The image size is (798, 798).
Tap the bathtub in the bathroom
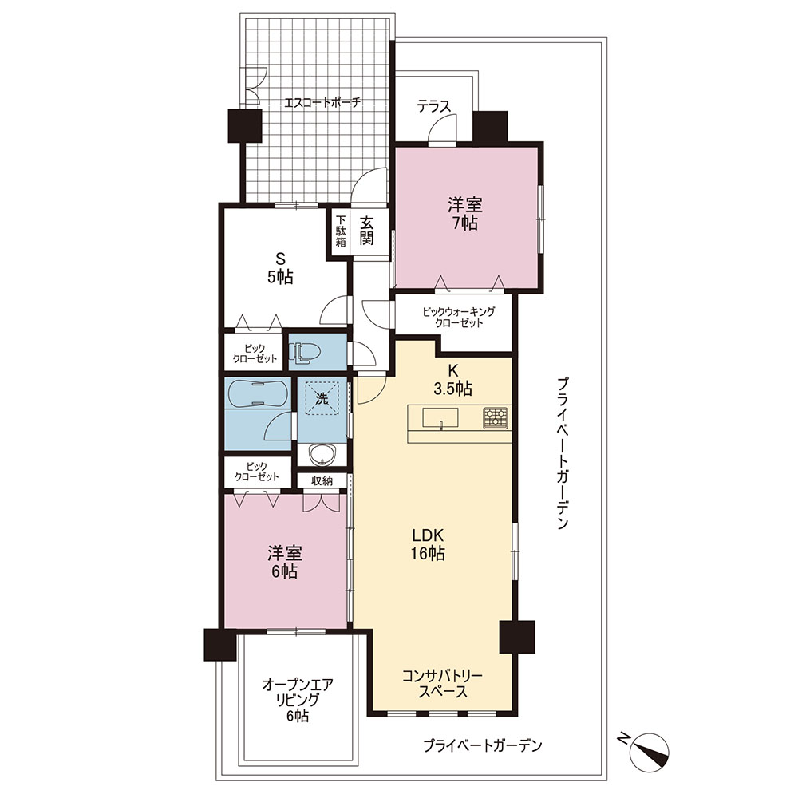coord(258,394)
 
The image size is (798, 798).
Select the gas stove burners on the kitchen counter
coord(496,417)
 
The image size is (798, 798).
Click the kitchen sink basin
coord(440,417)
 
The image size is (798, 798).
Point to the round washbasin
coord(321,455)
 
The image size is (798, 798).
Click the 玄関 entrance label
coord(367,231)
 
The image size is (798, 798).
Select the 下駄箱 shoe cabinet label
coord(341,231)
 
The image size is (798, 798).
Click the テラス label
coord(434,107)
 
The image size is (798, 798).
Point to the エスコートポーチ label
coord(322,102)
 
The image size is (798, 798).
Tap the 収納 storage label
coord(322,480)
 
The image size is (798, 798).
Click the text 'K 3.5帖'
coord(452,380)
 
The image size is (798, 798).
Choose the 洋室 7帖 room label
coord(465,214)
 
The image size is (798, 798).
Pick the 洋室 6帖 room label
coord(285,563)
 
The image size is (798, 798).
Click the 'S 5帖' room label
coord(280,267)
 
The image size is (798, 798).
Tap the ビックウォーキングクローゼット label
coord(459,317)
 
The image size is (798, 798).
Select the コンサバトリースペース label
coord(442,684)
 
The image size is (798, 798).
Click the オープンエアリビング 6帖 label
coord(298,700)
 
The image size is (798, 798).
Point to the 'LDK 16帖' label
coord(428,543)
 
